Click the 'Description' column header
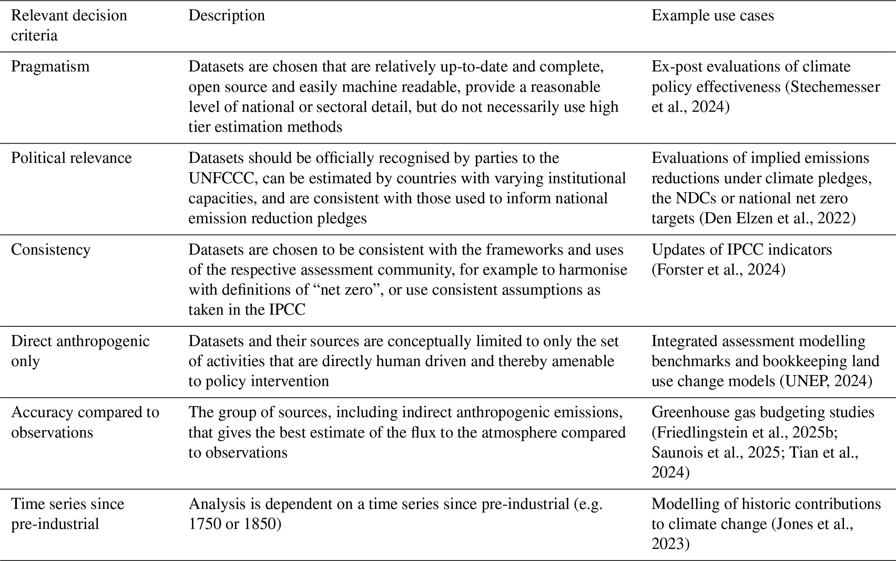click(x=226, y=16)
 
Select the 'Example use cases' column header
click(x=713, y=16)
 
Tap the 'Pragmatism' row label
click(x=50, y=66)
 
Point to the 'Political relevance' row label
click(x=71, y=158)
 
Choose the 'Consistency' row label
click(x=51, y=249)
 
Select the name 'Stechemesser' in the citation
click(x=835, y=87)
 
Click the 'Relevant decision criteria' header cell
click(x=69, y=25)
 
